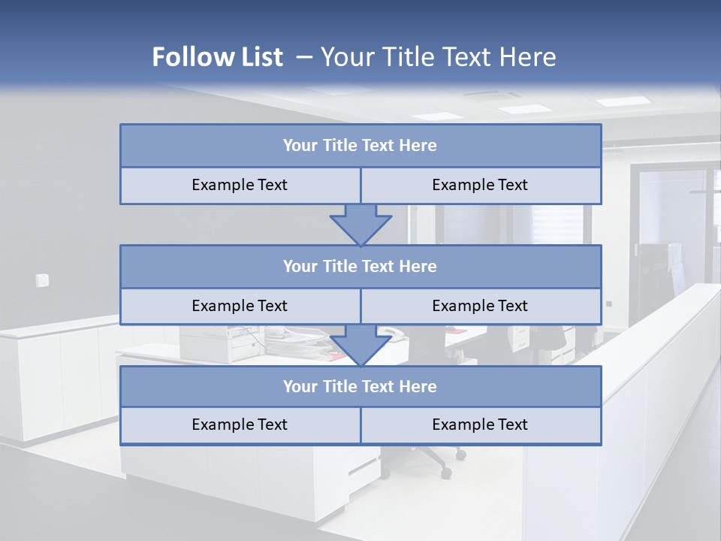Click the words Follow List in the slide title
click(x=217, y=57)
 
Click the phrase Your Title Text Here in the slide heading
click(x=439, y=57)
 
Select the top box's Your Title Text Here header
click(x=360, y=146)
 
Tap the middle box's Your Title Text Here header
click(x=360, y=266)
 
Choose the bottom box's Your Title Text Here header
click(x=360, y=386)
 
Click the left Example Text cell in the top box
click(x=240, y=185)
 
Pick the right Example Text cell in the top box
click(x=480, y=185)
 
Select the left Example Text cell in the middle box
click(x=240, y=306)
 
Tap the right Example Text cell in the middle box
click(x=480, y=306)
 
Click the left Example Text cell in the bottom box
click(x=240, y=425)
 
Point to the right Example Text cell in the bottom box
click(x=480, y=425)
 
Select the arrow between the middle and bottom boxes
click(x=360, y=345)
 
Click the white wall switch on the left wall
click(x=42, y=280)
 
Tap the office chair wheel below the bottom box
click(x=446, y=473)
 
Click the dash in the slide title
click(x=304, y=57)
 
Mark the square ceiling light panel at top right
click(x=621, y=101)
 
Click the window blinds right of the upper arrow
click(x=557, y=224)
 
